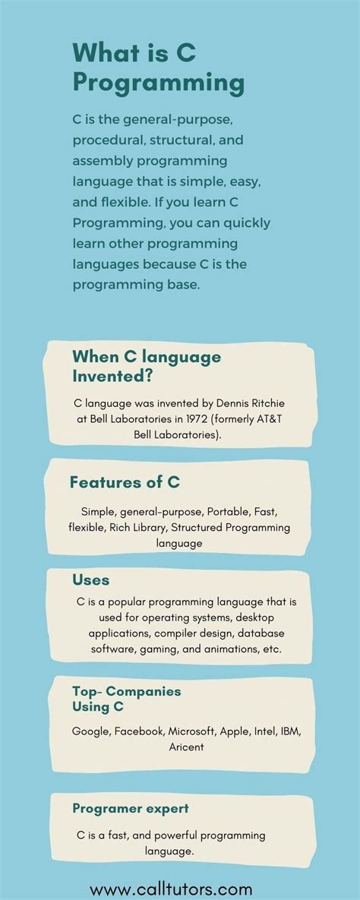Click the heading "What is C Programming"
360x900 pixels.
(x=158, y=66)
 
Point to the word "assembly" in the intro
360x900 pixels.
(x=104, y=162)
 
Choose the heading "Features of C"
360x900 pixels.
(x=124, y=482)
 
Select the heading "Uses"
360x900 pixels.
(x=90, y=580)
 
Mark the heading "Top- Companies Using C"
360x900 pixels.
(x=126, y=699)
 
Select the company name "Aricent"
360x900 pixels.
(x=186, y=747)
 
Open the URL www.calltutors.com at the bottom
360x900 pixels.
(x=171, y=889)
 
